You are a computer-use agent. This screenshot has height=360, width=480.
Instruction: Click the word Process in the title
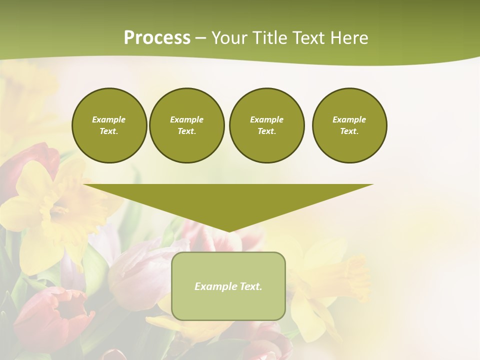point(157,38)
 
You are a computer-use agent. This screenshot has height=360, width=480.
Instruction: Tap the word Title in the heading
point(269,38)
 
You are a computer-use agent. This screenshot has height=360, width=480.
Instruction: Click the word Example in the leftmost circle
point(109,119)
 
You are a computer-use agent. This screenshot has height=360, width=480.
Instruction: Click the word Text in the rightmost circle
point(348,131)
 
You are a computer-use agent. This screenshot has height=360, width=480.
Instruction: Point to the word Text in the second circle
point(186,131)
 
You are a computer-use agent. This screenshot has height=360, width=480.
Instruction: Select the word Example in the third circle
point(266,119)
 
